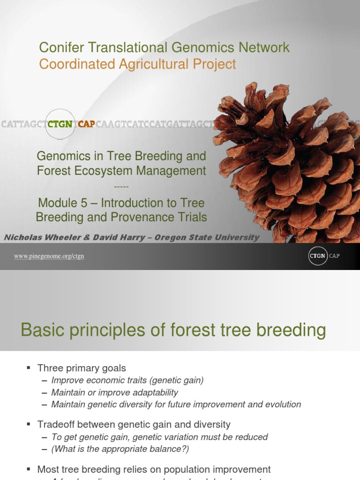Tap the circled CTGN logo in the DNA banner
[60, 124]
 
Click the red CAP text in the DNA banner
[86, 124]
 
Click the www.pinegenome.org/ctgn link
[49, 256]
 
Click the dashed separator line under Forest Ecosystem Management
[121, 187]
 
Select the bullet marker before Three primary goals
[29, 368]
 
